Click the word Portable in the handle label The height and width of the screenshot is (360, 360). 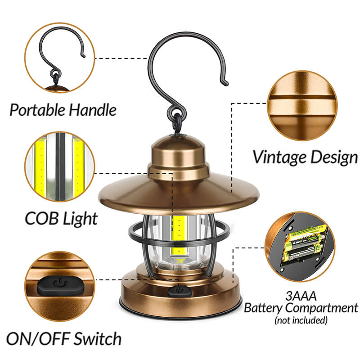click(x=37, y=110)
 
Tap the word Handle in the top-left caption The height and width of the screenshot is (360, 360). click(x=93, y=110)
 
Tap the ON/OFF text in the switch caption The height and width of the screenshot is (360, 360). click(x=38, y=339)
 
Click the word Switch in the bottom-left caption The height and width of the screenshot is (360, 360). click(x=98, y=339)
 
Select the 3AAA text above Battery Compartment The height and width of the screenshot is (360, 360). click(x=301, y=296)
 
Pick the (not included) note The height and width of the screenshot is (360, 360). click(x=301, y=320)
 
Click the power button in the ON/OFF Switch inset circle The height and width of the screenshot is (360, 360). click(x=60, y=286)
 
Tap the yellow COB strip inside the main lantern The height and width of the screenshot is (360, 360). click(x=179, y=237)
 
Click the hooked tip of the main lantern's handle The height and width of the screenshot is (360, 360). click(x=226, y=83)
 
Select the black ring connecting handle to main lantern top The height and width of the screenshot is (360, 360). click(x=177, y=123)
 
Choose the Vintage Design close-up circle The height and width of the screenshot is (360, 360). click(x=302, y=106)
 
